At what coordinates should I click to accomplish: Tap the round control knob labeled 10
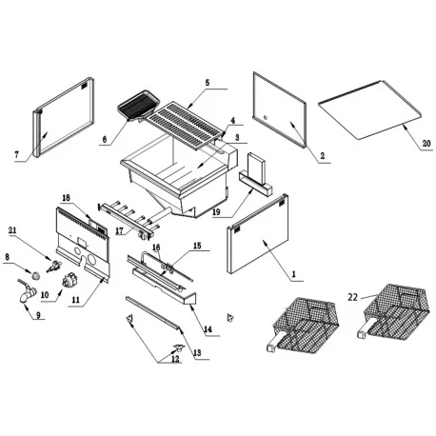tap(70, 282)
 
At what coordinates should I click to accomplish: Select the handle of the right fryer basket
tap(367, 333)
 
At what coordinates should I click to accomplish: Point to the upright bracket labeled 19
tap(258, 173)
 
